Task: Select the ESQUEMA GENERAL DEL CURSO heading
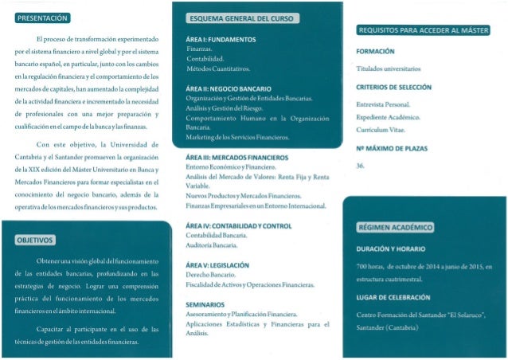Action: coord(240,18)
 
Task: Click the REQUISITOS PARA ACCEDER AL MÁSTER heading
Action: coord(422,30)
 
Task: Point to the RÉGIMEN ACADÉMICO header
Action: coord(396,227)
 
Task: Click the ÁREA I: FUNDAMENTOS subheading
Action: coord(220,39)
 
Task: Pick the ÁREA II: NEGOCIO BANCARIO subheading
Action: coord(228,88)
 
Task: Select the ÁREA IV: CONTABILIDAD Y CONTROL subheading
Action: coord(238,226)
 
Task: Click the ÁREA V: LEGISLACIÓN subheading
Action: coord(217,264)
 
